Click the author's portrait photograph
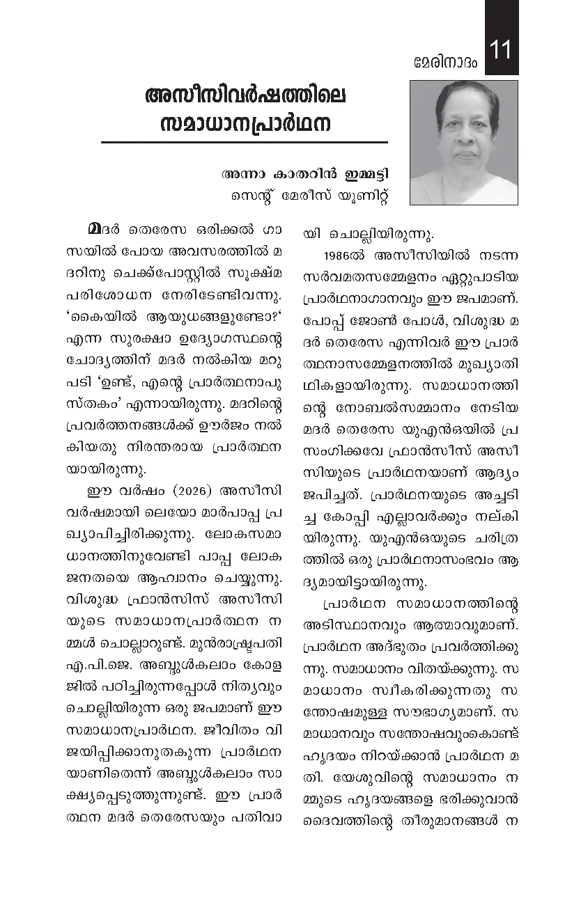(x=463, y=143)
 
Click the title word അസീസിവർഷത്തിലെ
(x=245, y=95)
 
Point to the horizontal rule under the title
(x=244, y=142)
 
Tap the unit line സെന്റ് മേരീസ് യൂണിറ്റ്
(x=310, y=196)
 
